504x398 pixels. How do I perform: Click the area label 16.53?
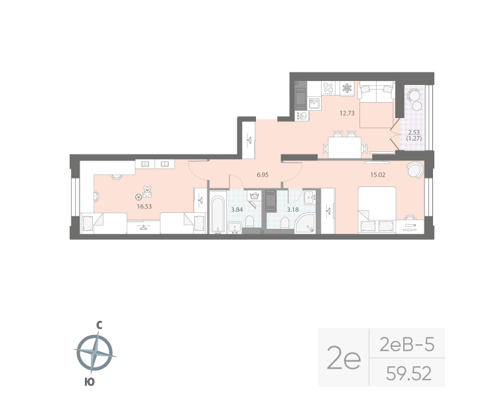pos(141,206)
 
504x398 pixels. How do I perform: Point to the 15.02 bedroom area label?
pos(378,175)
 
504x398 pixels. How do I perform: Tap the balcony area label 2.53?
pos(413,131)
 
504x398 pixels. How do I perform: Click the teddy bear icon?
pos(147,193)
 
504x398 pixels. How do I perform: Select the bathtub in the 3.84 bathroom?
pos(218,213)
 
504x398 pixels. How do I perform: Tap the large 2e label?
pos(344,359)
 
